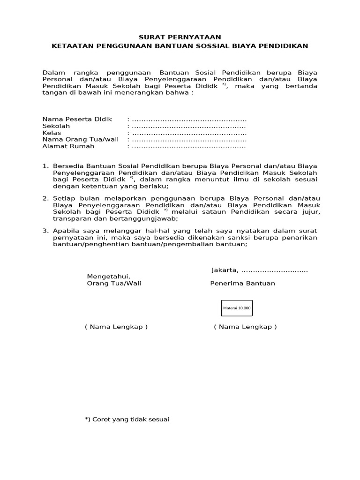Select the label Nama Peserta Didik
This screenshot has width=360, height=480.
[77, 120]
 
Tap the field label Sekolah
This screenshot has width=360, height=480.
[56, 126]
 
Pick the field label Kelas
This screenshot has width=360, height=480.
[52, 133]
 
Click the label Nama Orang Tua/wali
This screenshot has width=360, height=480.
[81, 139]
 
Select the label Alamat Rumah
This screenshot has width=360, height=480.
[68, 146]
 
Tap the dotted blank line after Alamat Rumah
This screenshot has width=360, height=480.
[189, 146]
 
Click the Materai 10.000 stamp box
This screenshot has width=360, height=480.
[237, 308]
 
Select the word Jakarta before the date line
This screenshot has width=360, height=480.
[225, 270]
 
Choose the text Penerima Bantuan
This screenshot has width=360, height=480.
[242, 283]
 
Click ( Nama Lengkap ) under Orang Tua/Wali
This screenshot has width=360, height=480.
[116, 327]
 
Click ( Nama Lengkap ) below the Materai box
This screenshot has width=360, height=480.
[245, 327]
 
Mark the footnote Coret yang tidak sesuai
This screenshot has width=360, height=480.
[127, 419]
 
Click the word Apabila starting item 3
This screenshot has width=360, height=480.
[65, 231]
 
